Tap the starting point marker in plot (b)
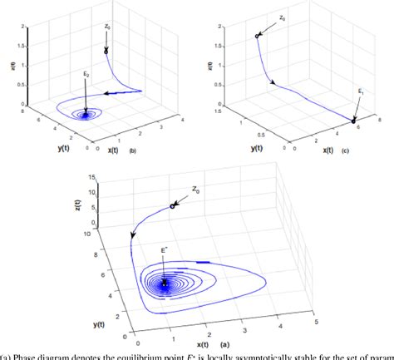coord(106,51)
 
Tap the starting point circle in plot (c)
coord(257,36)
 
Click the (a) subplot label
coord(220,343)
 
